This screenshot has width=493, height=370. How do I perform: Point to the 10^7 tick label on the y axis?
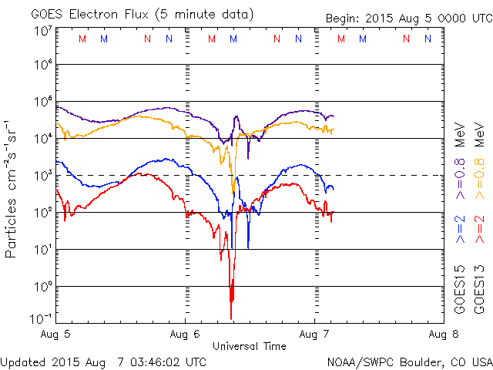pyautogui.click(x=42, y=31)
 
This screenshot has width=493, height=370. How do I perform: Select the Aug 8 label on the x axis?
pyautogui.click(x=443, y=335)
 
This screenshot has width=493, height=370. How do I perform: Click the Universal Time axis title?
pyautogui.click(x=250, y=346)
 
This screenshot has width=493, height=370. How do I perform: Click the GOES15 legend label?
pyautogui.click(x=460, y=290)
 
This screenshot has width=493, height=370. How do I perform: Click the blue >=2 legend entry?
pyautogui.click(x=460, y=230)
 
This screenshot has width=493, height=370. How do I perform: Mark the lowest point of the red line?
pyautogui.click(x=231, y=318)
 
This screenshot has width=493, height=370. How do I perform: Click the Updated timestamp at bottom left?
pyautogui.click(x=103, y=361)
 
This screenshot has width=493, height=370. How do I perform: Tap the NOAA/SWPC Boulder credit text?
pyautogui.click(x=408, y=361)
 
